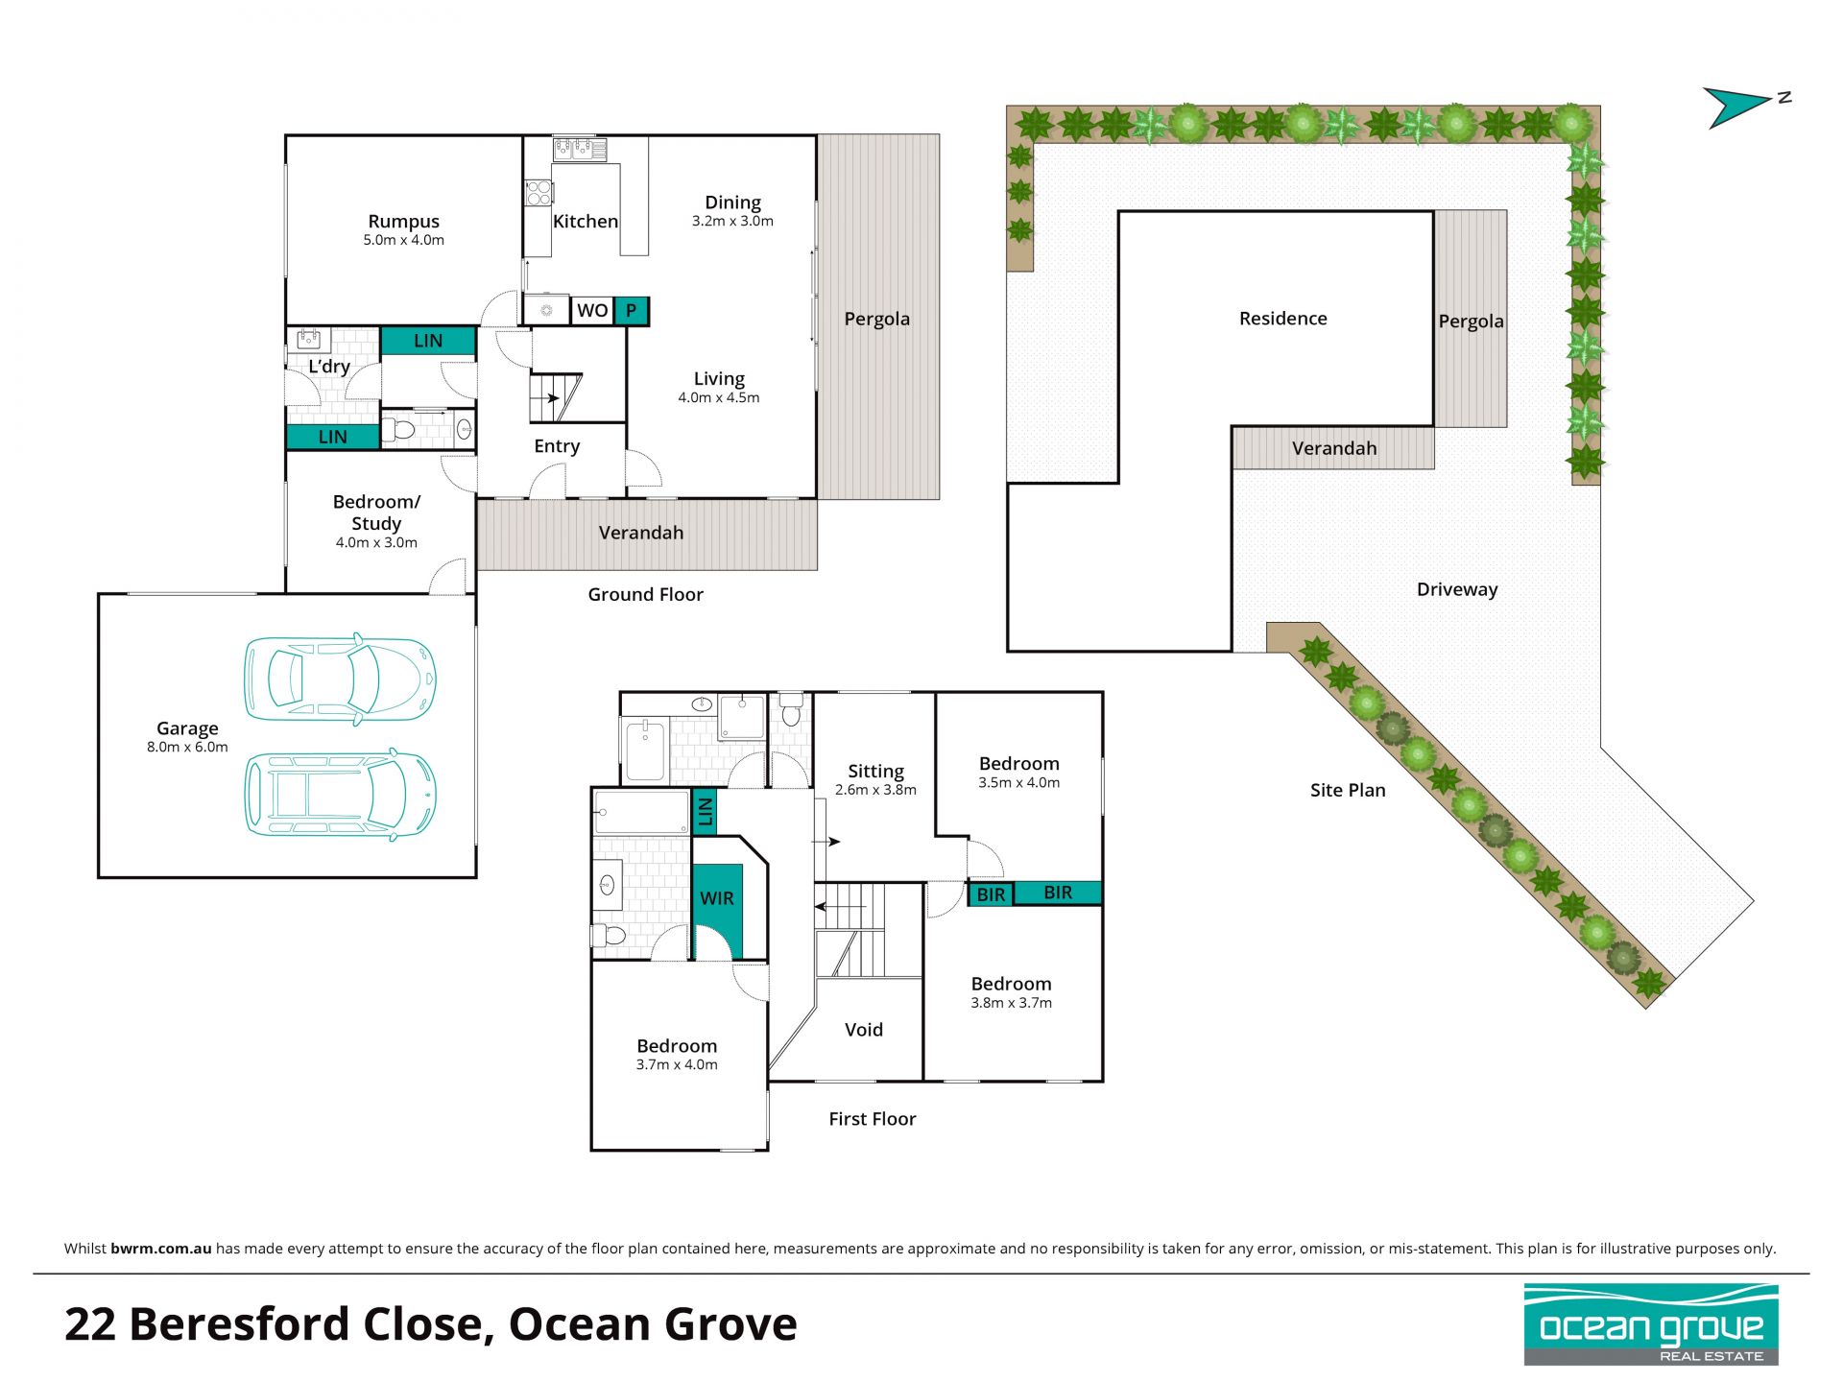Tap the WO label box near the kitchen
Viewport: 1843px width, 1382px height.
[592, 310]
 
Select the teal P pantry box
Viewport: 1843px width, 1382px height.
[631, 310]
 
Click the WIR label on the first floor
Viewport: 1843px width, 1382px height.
[717, 898]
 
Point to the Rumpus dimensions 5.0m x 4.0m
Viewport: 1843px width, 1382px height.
[403, 240]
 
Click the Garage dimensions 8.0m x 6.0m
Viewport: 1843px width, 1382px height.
[187, 747]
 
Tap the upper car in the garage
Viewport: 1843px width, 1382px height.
[340, 678]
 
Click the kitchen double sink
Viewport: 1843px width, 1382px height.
[580, 149]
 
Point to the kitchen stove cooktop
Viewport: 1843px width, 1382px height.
[539, 193]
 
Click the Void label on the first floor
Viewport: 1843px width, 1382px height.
[864, 1030]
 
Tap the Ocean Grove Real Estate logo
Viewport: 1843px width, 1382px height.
[1651, 1324]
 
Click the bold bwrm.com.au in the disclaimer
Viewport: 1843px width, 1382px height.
[160, 1249]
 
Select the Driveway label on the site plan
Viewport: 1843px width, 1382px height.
[1457, 589]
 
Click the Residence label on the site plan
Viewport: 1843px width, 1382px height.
[1283, 319]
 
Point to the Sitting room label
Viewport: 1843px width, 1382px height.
[875, 771]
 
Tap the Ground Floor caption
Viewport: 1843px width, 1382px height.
[646, 595]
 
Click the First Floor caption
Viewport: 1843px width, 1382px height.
[873, 1119]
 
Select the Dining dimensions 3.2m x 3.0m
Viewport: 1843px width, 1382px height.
[732, 221]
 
